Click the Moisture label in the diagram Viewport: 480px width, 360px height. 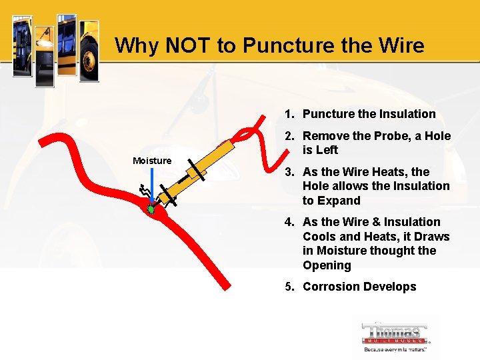click(152, 160)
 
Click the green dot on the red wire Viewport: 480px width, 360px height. click(151, 209)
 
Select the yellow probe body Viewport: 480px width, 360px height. click(200, 167)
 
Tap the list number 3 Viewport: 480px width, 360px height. click(289, 172)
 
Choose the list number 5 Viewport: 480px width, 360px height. click(289, 287)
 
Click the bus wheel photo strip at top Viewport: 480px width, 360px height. click(89, 50)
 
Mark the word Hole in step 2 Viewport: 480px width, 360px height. click(437, 136)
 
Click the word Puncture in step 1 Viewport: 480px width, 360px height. click(329, 114)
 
